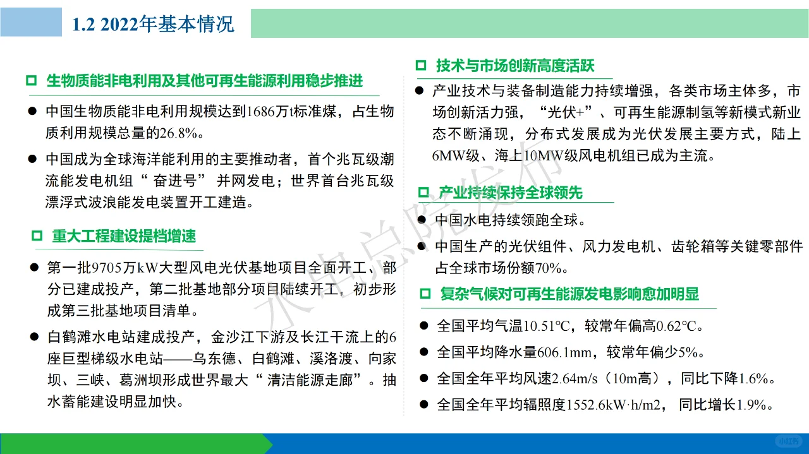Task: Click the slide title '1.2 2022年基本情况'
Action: pos(154,24)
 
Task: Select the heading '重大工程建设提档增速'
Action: pos(124,236)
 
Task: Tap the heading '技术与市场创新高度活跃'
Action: pos(514,66)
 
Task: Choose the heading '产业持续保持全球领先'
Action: pos(510,193)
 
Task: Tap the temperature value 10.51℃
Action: pos(547,326)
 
